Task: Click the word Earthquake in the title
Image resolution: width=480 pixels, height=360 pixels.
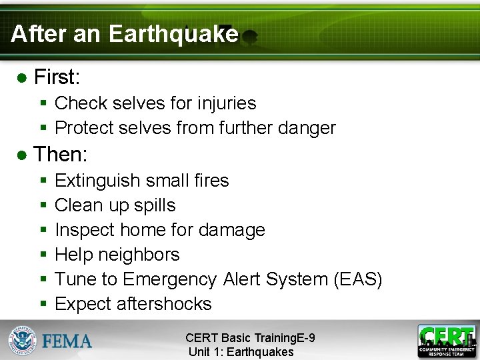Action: (x=173, y=33)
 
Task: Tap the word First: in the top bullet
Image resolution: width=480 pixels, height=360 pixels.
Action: (x=57, y=77)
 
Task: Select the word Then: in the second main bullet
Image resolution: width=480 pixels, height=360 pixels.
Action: (x=61, y=155)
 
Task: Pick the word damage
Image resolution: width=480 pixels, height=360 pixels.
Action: (x=231, y=230)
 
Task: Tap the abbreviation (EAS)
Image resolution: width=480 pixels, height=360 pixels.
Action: (x=357, y=279)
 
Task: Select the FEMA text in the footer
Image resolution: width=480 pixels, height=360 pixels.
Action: (x=67, y=341)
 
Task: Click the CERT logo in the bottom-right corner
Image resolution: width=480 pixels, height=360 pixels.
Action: (x=447, y=341)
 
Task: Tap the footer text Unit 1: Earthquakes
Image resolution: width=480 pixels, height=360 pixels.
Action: (x=241, y=352)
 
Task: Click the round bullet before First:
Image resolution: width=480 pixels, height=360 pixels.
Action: (x=21, y=79)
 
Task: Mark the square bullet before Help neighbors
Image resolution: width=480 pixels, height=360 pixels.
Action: (x=43, y=255)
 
